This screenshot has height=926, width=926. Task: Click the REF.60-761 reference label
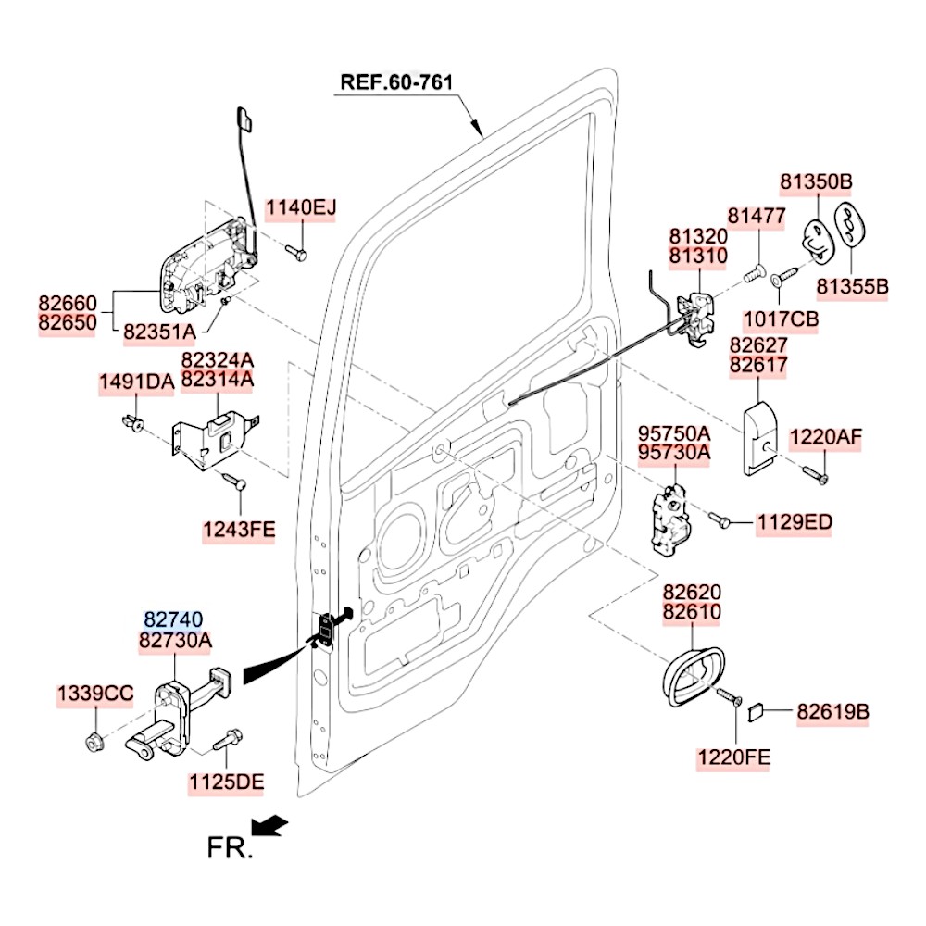click(396, 81)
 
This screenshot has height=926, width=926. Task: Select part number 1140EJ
click(302, 208)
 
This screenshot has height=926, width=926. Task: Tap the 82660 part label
click(67, 303)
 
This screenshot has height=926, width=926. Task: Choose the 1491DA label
click(137, 382)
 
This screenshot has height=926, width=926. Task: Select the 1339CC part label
click(95, 694)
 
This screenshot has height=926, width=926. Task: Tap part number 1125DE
click(227, 782)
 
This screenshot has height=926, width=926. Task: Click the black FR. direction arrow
click(270, 823)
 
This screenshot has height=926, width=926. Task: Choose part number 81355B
click(852, 288)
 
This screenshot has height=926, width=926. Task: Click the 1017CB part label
click(781, 319)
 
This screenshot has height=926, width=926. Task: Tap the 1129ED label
click(794, 523)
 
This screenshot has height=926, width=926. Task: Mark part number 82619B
click(832, 712)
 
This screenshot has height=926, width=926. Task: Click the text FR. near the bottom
click(229, 847)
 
